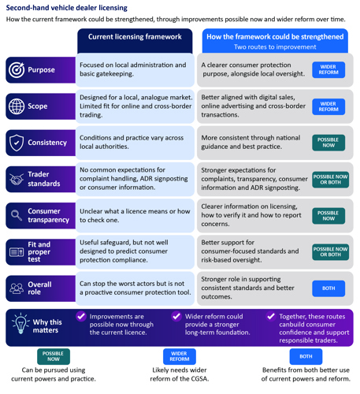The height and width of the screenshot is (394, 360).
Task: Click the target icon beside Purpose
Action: (17, 70)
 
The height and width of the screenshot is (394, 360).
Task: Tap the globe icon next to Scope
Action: (17, 106)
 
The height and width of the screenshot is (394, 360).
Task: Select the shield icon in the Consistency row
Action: (17, 143)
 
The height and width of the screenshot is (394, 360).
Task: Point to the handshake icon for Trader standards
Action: (17, 180)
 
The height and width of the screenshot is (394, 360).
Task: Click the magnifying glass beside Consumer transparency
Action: (17, 215)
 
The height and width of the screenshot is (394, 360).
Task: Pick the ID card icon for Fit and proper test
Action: (17, 252)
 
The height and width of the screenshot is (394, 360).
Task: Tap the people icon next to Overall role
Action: (17, 288)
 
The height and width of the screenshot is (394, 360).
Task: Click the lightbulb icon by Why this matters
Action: (20, 323)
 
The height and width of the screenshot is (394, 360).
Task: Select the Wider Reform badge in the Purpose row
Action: (328, 70)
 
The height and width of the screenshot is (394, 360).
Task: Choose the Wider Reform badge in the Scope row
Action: (328, 106)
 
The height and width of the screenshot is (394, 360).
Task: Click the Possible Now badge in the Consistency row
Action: (328, 143)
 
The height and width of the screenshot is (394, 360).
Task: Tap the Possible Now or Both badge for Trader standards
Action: (330, 180)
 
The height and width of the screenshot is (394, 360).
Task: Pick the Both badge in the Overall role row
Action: (328, 288)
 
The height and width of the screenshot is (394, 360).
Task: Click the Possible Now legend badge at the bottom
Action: (54, 356)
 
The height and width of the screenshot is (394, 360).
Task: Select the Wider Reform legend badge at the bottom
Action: (180, 356)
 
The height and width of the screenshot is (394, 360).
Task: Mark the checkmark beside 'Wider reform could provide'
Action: (176, 316)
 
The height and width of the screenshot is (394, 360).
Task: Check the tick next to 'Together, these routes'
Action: (271, 316)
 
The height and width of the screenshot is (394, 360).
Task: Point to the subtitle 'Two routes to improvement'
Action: (275, 47)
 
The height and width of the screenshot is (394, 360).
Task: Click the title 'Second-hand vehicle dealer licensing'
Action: (67, 8)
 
